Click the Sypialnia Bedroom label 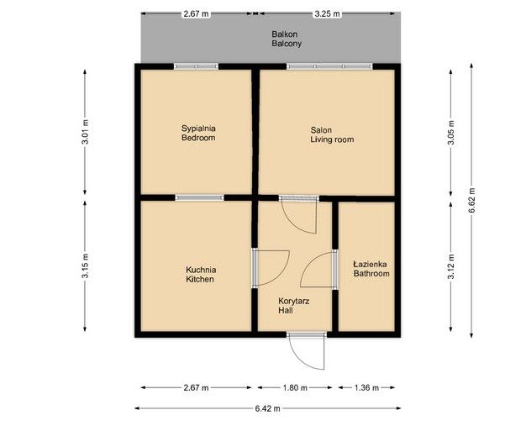[198, 133]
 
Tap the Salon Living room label [332, 134]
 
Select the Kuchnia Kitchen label [201, 275]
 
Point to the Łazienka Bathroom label [371, 269]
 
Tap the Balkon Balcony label [287, 39]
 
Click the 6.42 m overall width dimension [268, 408]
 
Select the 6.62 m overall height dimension [471, 200]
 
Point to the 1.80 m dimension [295, 388]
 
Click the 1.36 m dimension [366, 388]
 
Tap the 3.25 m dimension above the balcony [327, 13]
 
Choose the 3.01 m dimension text [85, 132]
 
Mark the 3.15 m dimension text [85, 266]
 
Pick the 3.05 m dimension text [451, 133]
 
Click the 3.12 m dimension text [451, 266]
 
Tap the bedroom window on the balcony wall [197, 66]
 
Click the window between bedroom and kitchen [200, 198]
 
